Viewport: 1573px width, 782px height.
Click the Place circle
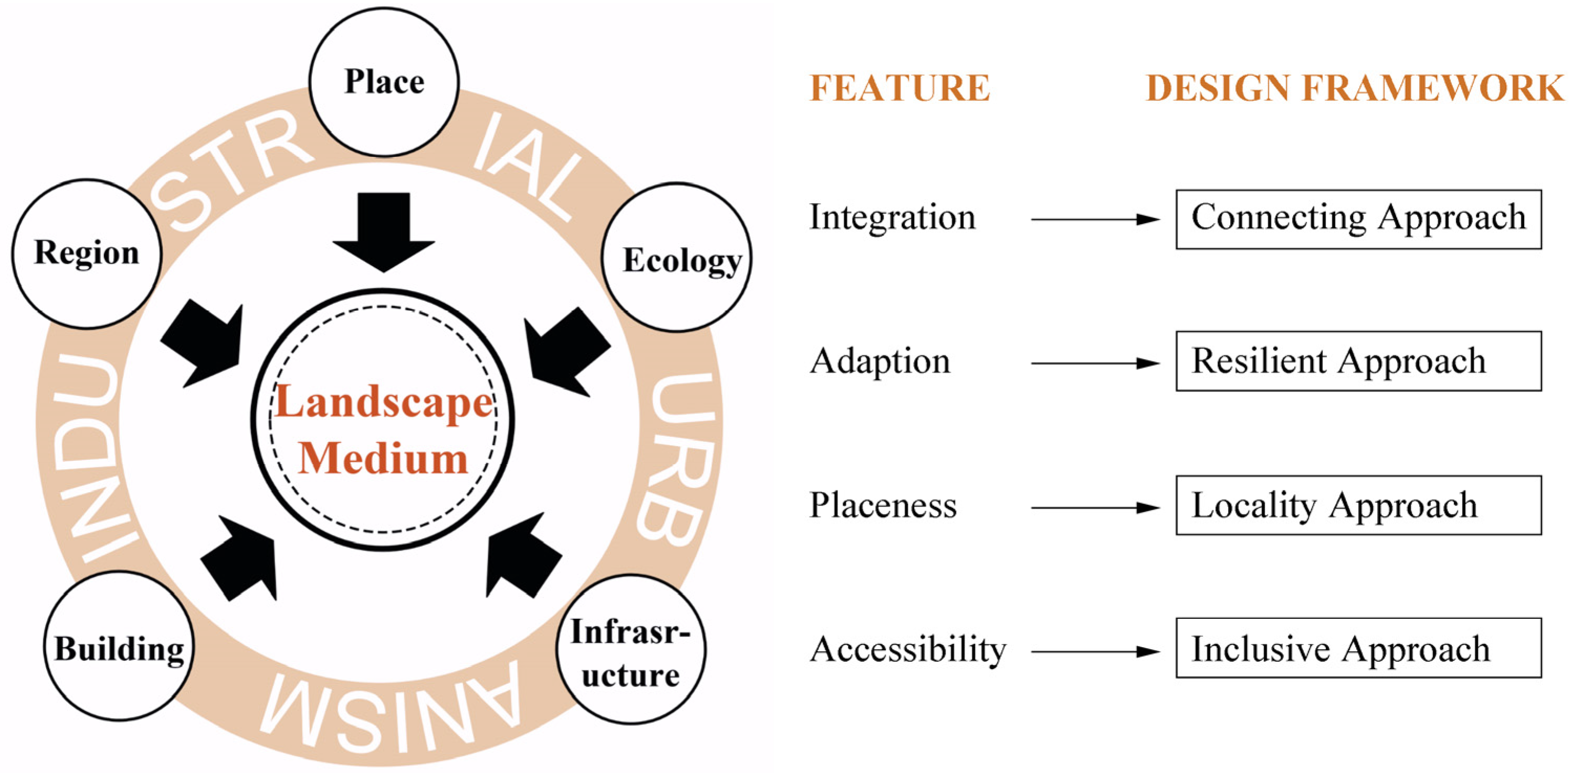click(384, 82)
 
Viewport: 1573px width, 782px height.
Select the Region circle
click(86, 253)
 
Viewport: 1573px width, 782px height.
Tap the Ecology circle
click(677, 258)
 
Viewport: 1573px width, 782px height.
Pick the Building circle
click(119, 647)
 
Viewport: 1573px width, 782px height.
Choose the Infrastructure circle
click(631, 651)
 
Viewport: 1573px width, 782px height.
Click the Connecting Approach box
click(1358, 219)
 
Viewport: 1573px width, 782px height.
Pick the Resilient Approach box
click(1358, 362)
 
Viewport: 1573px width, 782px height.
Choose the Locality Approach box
click(1358, 505)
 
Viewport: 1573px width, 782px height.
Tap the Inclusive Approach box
click(1358, 649)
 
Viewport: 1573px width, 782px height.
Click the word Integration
click(892, 218)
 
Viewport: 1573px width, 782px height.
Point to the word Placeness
click(883, 506)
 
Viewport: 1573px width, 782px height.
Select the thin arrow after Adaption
click(1094, 363)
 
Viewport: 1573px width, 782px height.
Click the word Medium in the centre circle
click(383, 459)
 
